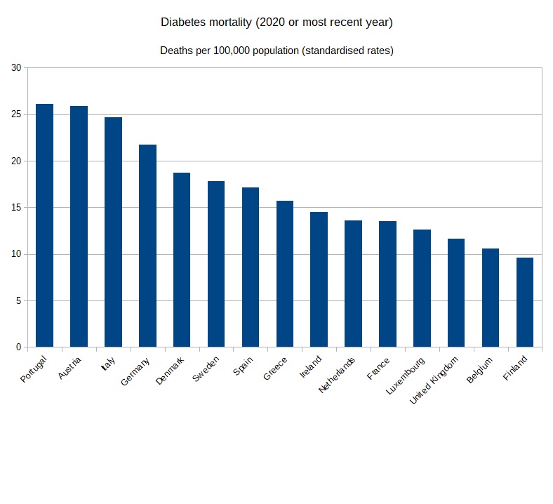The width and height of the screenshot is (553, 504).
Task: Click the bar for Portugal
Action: pos(44,225)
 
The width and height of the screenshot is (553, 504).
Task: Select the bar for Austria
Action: pos(79,226)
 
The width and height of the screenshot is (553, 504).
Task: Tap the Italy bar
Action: pos(113,232)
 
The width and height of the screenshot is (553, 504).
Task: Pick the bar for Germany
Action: pos(147,246)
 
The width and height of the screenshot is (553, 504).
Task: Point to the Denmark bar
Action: pos(182,260)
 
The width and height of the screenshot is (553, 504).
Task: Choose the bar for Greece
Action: pos(285,274)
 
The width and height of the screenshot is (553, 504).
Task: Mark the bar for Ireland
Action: pos(319,279)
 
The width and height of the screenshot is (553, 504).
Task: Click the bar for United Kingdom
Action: pos(456,293)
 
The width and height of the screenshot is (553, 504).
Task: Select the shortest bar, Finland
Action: pos(525,302)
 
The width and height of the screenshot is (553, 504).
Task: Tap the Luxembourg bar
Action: pos(422,288)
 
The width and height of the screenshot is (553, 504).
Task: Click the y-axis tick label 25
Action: pos(16,114)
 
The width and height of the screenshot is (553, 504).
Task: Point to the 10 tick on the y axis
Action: pos(16,254)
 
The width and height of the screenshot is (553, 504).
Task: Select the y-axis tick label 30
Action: pos(16,68)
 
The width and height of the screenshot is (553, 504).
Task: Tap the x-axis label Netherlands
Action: pos(338,375)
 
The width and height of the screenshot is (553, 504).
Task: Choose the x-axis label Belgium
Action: pos(480,370)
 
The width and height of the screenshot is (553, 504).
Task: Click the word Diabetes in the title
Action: pos(185,22)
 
